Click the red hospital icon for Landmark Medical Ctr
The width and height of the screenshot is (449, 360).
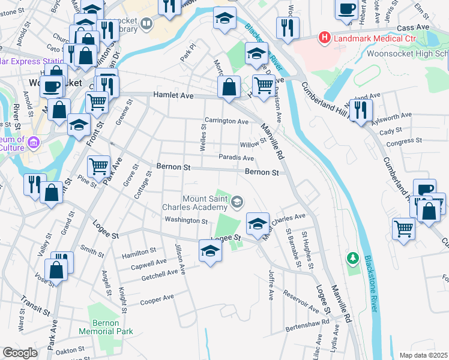325,38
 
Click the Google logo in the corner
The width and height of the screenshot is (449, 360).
20,353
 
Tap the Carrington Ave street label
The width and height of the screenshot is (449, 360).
226,121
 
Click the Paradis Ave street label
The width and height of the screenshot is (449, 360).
236,158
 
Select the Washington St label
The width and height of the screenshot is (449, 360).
186,220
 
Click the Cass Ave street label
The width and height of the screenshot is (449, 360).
414,27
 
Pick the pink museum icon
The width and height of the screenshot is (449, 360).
34,142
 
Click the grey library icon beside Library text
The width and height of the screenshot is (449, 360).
147,23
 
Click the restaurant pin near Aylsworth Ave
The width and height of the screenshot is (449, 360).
361,110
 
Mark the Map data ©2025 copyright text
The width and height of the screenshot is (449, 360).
423,355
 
